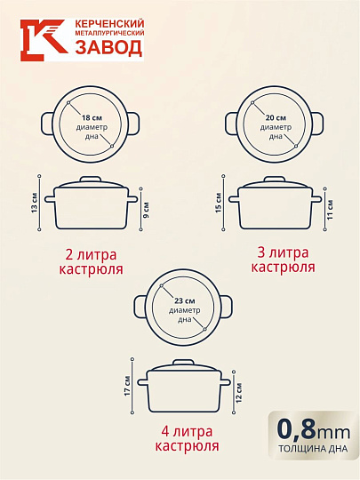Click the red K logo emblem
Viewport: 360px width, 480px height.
coord(44,40)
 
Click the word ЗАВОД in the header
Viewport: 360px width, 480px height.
coord(108,48)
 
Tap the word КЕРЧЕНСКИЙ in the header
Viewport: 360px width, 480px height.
coord(109,24)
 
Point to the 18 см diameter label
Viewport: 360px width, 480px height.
coord(92,118)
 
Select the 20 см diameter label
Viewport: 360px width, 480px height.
coord(276,118)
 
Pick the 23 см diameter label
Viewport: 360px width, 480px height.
coord(185,301)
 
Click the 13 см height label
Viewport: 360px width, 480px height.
coord(35,203)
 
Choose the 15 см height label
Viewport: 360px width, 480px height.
coord(219,203)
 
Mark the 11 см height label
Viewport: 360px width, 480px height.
coord(330,210)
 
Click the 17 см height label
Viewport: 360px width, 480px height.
coord(128,386)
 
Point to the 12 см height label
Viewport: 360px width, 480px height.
coord(239,393)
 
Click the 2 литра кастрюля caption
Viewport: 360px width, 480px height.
coord(91,262)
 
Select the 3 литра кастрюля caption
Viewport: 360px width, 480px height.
coord(283,260)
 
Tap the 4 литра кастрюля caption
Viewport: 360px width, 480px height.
coord(187,439)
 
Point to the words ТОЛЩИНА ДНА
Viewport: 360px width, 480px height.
coord(313,449)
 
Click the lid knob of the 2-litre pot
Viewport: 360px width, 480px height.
coord(91,179)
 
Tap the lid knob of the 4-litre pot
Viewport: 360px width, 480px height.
coord(183,363)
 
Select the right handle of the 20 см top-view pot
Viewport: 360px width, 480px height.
coord(317,124)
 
